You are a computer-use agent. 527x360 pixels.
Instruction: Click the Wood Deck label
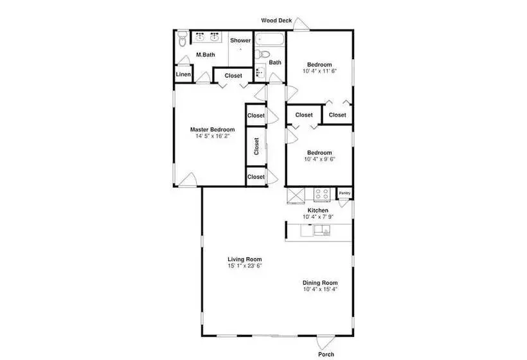coord(276,21)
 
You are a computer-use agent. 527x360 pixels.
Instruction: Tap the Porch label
coord(326,354)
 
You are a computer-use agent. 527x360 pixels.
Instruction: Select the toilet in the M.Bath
coord(182,39)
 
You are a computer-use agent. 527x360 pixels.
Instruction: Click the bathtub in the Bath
coord(269,39)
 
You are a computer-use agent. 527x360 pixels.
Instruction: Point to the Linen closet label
coord(183,75)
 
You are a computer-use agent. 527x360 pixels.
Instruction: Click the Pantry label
coord(344,193)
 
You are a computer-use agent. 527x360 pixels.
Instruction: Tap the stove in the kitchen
coord(321,194)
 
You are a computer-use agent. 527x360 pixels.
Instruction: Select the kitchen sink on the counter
coord(321,231)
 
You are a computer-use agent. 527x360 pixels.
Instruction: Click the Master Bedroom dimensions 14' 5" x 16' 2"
coord(213,136)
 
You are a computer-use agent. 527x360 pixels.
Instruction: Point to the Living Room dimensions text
coord(244,265)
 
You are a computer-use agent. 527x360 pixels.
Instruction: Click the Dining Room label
coord(320,283)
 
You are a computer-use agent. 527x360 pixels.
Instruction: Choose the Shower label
coord(240,40)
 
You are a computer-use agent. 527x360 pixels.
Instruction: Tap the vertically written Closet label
coord(256,146)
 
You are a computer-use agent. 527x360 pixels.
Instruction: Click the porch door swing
coord(325,342)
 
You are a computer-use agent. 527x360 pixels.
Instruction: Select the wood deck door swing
coord(301,24)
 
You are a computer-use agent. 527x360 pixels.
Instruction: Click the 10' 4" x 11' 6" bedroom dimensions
coord(319,71)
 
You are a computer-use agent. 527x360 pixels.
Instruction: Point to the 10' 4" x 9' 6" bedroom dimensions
coord(319,159)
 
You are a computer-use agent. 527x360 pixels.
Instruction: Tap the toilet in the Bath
coord(262,54)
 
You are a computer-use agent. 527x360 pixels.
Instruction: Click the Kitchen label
coord(318,210)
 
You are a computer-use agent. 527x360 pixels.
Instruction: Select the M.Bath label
coord(206,55)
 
